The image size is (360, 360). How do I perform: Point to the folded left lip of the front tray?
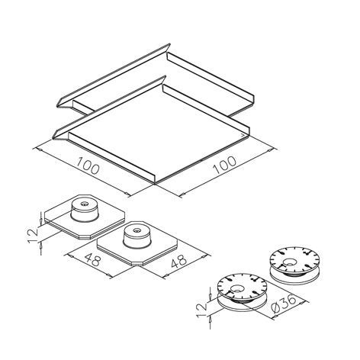click(x=61, y=133)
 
